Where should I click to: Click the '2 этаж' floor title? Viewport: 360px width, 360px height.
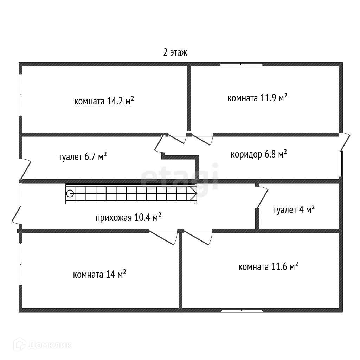tap(175, 53)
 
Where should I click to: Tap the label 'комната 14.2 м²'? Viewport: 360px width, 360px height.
tap(104, 101)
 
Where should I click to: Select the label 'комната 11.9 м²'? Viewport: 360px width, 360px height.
tap(257, 98)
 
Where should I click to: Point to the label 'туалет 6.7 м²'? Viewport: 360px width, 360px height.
tap(83, 156)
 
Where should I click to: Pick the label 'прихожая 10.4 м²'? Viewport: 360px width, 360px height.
tap(128, 218)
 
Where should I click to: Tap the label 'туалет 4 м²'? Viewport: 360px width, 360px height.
tap(294, 210)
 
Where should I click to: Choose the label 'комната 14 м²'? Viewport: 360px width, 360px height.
tap(99, 274)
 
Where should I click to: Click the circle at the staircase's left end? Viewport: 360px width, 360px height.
tap(70, 193)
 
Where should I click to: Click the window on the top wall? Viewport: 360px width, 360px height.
tap(242, 64)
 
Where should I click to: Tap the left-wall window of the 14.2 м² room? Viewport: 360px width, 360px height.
tap(21, 95)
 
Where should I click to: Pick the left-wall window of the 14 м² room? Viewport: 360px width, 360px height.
tap(21, 264)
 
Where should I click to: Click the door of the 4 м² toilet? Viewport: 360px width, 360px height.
tap(262, 198)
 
